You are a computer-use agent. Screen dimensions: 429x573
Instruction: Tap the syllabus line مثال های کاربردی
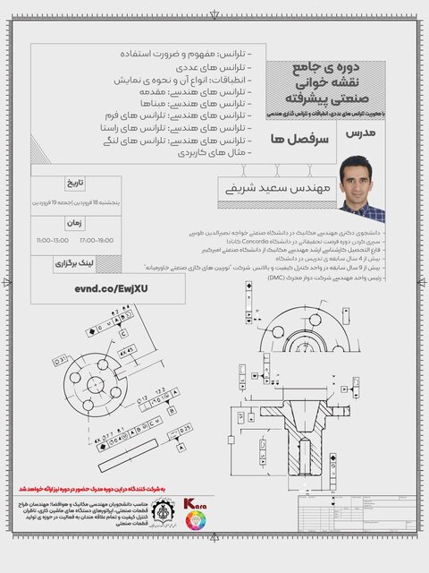(215, 153)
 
